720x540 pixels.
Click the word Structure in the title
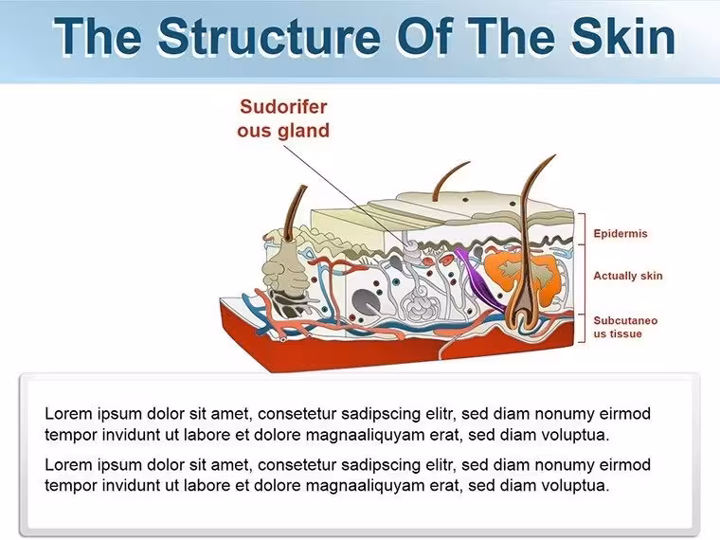(269, 37)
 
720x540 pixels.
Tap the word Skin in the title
(623, 36)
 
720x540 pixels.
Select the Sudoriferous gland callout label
(283, 118)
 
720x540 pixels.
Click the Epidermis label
(621, 233)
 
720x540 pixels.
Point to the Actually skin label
(628, 276)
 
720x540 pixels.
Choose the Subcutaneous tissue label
(625, 327)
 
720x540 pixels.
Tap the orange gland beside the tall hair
(525, 277)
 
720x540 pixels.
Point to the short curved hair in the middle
(448, 179)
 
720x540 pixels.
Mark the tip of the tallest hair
(555, 155)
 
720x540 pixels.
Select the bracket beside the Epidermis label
(584, 229)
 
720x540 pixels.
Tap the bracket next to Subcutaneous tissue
(584, 328)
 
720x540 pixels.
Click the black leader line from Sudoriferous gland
(348, 192)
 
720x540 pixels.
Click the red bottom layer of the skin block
(395, 350)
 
